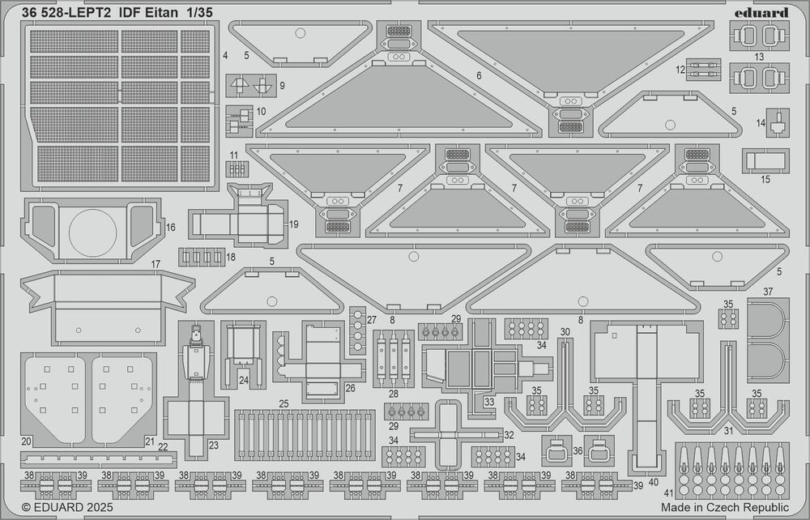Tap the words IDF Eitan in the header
click(x=153, y=12)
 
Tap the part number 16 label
click(x=171, y=228)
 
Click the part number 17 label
click(x=155, y=264)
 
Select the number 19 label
click(x=293, y=224)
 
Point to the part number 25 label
click(x=283, y=403)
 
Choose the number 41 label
click(x=667, y=492)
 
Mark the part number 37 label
click(x=767, y=292)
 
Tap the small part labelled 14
click(x=778, y=125)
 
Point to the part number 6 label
click(x=479, y=75)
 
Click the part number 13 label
click(x=758, y=57)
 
